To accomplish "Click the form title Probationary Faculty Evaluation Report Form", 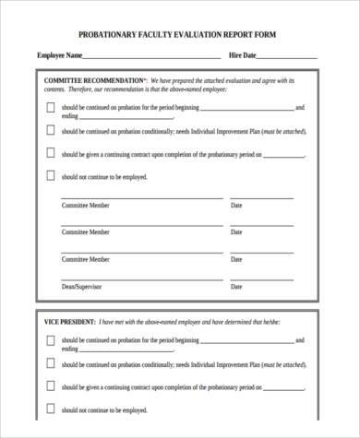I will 176,34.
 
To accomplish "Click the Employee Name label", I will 60,56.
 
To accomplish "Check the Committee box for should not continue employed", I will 50,175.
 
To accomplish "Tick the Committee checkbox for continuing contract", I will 50,153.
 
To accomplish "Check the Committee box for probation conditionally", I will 50,131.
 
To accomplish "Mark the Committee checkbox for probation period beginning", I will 50,107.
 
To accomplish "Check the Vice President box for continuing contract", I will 50,386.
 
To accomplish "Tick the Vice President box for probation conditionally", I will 50,364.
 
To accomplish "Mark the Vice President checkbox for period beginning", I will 50,340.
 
